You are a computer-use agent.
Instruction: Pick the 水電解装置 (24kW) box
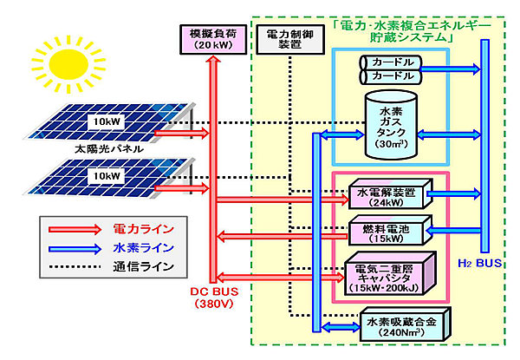tap(385, 198)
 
